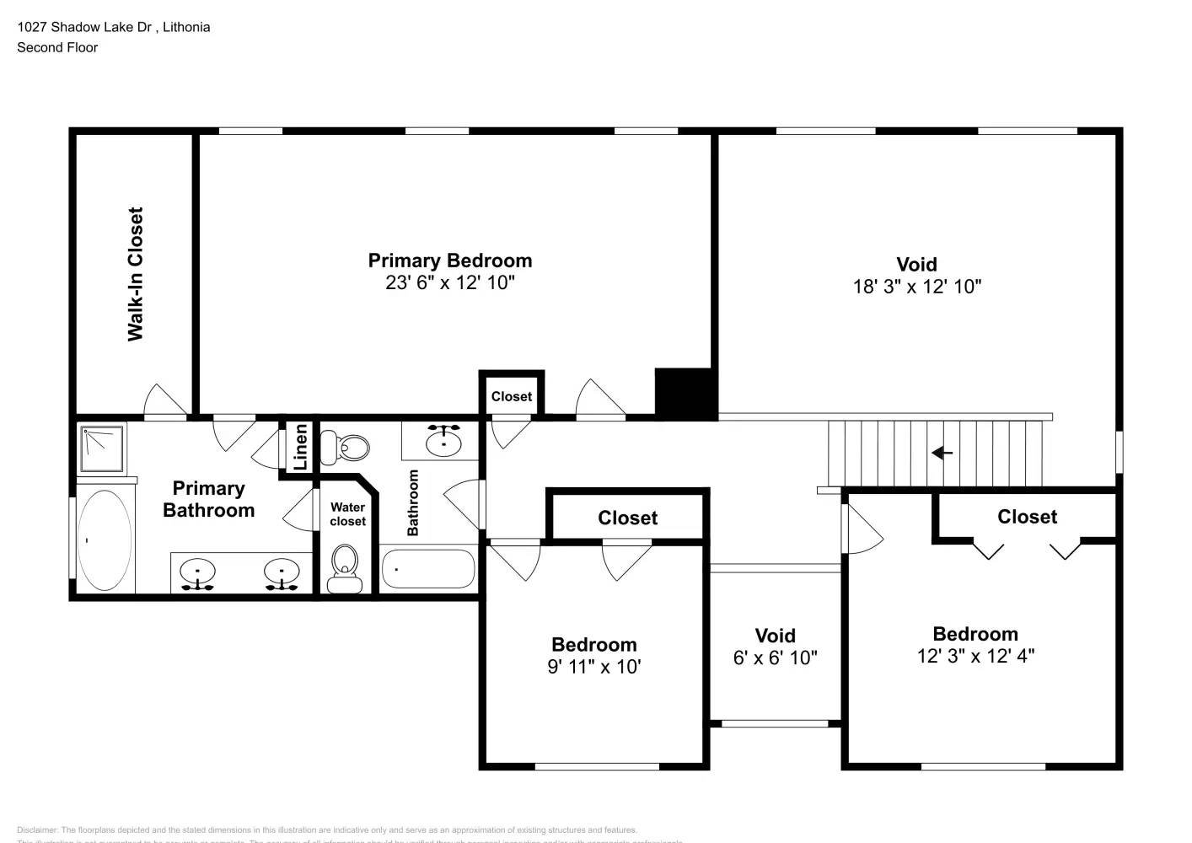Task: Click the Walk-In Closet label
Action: [x=135, y=274]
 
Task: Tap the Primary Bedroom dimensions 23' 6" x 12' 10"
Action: [x=449, y=282]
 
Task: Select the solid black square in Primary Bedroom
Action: [x=685, y=393]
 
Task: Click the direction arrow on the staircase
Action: [x=942, y=453]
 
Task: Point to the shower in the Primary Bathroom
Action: [x=102, y=448]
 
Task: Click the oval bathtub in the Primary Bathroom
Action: [x=105, y=540]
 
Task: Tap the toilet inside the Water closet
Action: [x=345, y=569]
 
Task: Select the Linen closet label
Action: [x=300, y=447]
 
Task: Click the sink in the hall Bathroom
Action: [x=443, y=440]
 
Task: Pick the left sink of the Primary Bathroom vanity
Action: [x=198, y=573]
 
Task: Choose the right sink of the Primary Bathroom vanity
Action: [x=281, y=573]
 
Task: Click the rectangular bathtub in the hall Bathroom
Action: [x=428, y=569]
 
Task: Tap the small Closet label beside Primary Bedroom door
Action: [x=512, y=396]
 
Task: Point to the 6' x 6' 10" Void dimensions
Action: [x=775, y=658]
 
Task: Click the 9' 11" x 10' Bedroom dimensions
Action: [x=593, y=667]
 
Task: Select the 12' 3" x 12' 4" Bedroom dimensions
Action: [x=975, y=656]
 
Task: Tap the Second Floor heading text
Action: [x=57, y=47]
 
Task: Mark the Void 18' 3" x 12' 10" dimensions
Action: [x=916, y=287]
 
